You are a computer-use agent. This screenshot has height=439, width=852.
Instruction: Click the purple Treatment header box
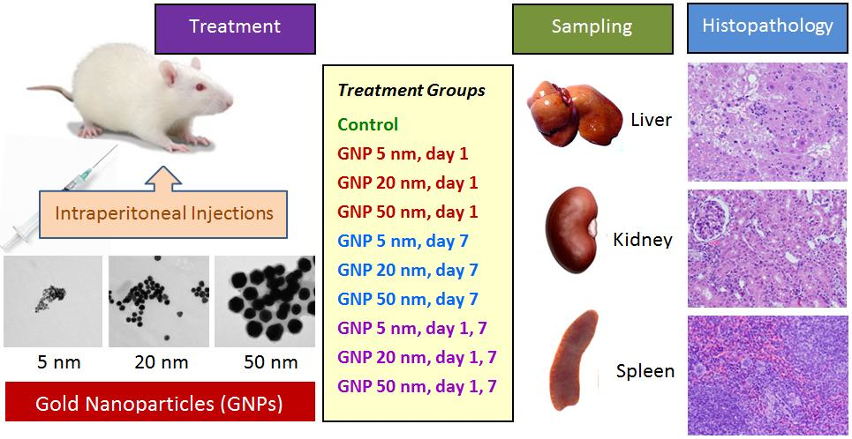point(235,27)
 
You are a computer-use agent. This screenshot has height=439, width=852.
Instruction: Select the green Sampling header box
point(591,27)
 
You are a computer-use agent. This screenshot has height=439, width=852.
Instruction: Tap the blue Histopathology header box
point(767,26)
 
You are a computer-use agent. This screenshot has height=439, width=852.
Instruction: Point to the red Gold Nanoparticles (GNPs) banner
point(160,405)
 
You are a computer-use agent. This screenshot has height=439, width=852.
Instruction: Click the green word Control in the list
point(367,124)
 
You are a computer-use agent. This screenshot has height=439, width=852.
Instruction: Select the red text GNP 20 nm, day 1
point(407,182)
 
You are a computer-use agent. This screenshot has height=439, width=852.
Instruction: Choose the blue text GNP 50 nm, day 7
point(407,300)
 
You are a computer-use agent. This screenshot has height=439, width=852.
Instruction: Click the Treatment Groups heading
point(411,91)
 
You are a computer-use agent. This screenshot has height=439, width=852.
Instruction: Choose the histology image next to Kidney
point(766,248)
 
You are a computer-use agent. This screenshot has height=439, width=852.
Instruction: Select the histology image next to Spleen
point(766,375)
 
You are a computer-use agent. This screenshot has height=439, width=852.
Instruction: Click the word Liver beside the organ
point(652,120)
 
